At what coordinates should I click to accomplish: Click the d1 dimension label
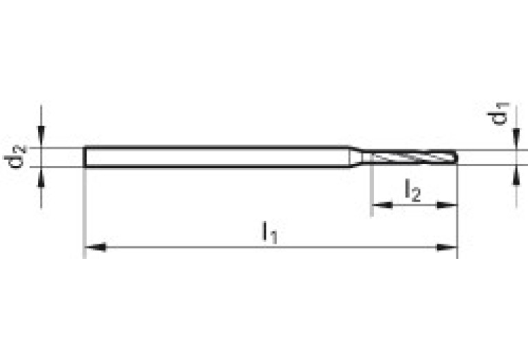502,114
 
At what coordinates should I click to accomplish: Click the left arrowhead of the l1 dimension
93,247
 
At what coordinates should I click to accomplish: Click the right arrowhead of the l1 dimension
448,247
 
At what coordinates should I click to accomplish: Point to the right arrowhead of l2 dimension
448,204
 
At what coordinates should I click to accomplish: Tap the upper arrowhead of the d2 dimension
42,137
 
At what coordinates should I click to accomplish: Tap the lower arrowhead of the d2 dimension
42,177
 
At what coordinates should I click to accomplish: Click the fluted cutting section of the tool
410,157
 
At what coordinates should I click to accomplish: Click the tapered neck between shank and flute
357,157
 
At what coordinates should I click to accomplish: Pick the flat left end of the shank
85,157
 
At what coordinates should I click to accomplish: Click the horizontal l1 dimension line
207,247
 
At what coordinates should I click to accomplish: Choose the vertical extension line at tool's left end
84,213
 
